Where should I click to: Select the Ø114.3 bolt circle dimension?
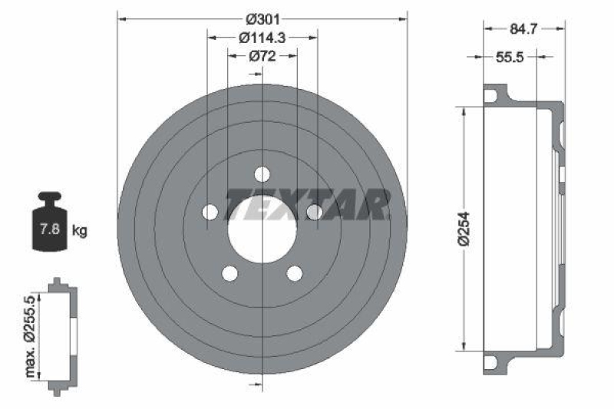point(262,36)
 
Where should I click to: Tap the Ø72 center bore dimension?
point(262,55)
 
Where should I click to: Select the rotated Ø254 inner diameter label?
point(464,228)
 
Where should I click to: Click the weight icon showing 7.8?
point(47,226)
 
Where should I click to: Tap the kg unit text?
point(79,229)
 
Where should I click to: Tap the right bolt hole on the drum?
point(314,212)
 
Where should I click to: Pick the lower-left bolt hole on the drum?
point(229,272)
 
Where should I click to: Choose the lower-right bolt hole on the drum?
point(294,272)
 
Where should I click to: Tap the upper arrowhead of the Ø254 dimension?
point(464,110)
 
